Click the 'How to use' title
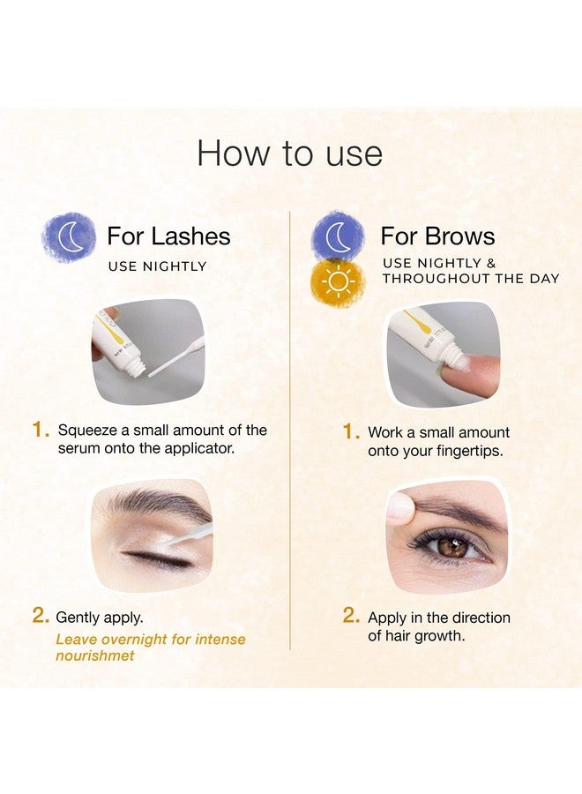click(x=290, y=153)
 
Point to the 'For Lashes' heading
click(x=168, y=236)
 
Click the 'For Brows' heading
click(x=437, y=236)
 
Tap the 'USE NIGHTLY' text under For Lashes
click(x=157, y=266)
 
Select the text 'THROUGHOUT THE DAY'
click(x=471, y=279)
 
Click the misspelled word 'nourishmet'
click(x=94, y=656)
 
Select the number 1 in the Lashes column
click(x=40, y=431)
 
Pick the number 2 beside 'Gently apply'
click(x=40, y=618)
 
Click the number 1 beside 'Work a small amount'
click(x=352, y=432)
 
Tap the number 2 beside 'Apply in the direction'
click(x=352, y=618)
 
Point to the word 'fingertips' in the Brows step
click(x=470, y=452)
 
